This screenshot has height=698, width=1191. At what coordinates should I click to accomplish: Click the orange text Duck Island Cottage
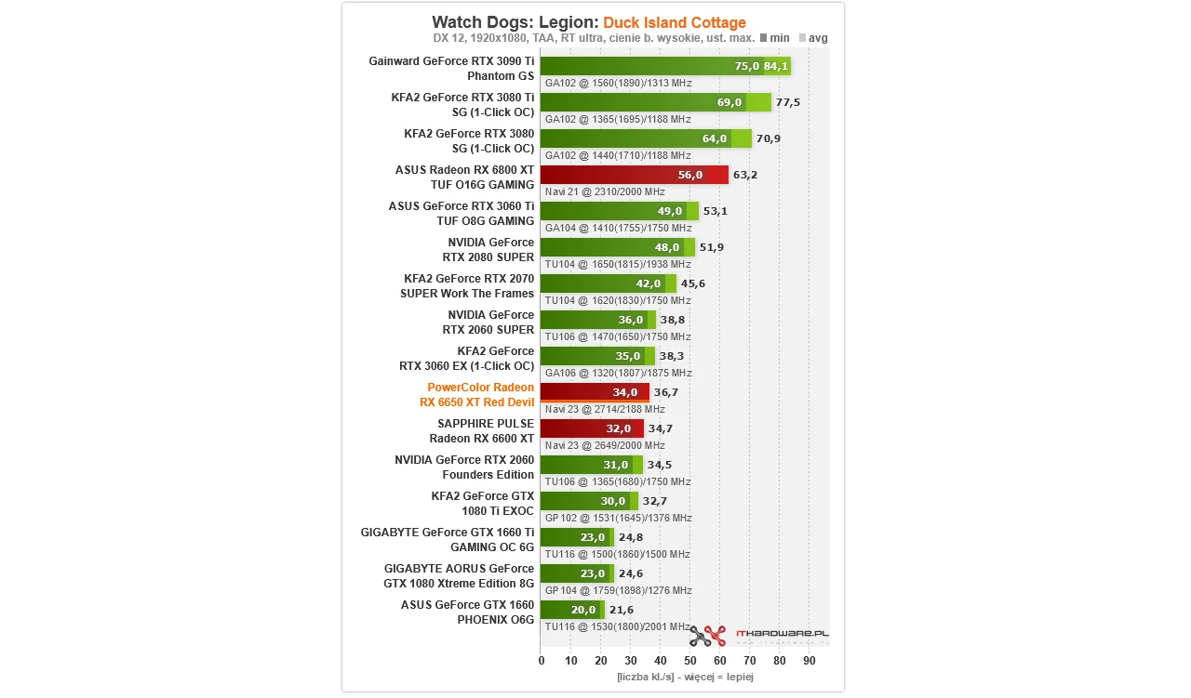tap(674, 22)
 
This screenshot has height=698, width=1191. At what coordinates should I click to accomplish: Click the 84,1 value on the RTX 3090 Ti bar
tap(775, 66)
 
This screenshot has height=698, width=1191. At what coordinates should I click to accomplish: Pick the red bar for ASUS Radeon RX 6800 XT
tap(634, 175)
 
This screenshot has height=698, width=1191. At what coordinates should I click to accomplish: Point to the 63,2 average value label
tap(745, 175)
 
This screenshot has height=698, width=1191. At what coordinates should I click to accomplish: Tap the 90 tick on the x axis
tap(809, 661)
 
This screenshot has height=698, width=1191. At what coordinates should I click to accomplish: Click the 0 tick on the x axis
tap(542, 661)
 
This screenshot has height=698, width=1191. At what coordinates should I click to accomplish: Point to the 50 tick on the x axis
tap(689, 661)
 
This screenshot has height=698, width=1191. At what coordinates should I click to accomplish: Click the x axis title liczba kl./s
tap(685, 678)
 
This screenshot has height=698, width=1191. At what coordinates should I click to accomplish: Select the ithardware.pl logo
tap(759, 636)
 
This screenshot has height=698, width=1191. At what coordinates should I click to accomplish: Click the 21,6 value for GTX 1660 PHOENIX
tap(621, 610)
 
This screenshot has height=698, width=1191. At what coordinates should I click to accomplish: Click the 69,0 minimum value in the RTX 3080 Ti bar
tap(729, 102)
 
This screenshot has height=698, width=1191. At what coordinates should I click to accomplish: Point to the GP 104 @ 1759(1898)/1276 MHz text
tap(618, 590)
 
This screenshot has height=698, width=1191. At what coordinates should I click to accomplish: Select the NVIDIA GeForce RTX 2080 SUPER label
tap(490, 250)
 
